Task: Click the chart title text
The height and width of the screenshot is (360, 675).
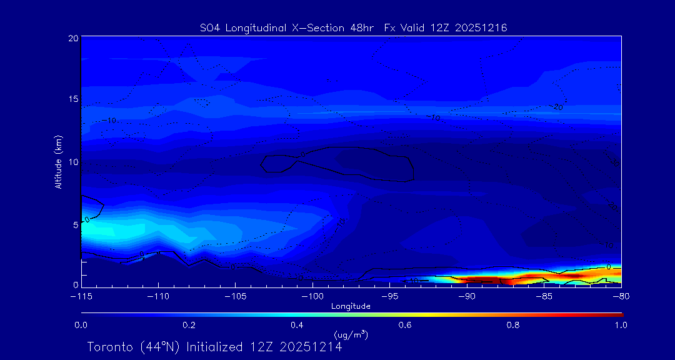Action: point(353,27)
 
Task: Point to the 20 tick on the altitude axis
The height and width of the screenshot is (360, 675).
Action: point(72,38)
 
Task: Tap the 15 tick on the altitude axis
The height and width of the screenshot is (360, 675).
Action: point(72,99)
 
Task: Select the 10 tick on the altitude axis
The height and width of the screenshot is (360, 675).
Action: point(72,161)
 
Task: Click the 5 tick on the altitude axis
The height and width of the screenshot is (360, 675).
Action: point(75,223)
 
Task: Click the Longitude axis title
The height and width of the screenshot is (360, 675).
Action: point(351,306)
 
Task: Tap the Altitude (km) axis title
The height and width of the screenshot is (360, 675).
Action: point(59,162)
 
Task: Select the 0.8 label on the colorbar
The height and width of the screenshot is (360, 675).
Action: point(513,325)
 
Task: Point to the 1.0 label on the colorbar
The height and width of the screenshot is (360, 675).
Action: point(621,325)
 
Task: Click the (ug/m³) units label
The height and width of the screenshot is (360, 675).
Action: point(351,335)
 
